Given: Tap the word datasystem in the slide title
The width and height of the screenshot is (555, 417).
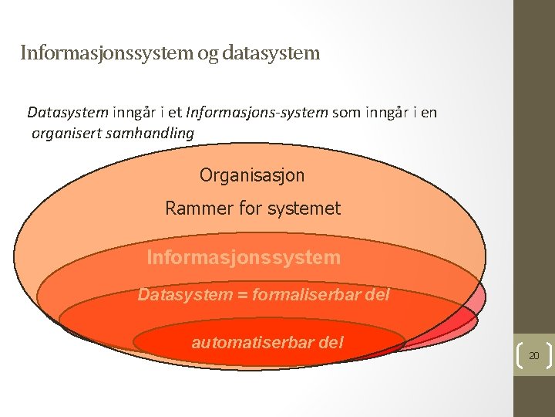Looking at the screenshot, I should (x=270, y=53).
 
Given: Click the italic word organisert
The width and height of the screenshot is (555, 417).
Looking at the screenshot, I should (x=67, y=133).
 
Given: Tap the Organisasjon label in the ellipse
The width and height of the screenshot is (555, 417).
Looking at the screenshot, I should (x=252, y=175).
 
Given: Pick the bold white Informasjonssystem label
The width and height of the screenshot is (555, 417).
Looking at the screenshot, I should (x=243, y=256).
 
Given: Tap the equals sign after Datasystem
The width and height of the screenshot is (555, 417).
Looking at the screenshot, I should (x=238, y=295).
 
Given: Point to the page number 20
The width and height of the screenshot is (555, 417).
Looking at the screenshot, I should (x=533, y=355).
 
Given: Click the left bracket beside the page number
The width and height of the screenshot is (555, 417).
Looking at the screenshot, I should (x=518, y=355).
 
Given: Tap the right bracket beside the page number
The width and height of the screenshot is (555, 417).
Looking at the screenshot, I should (x=548, y=355).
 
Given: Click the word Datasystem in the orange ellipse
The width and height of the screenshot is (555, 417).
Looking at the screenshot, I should (x=185, y=294).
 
